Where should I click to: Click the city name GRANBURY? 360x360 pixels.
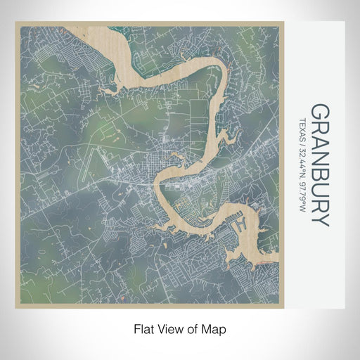point(319,165)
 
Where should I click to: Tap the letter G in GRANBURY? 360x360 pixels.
point(319,112)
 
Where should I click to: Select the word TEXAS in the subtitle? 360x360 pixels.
point(303,128)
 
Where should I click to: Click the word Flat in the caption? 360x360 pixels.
point(144,328)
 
